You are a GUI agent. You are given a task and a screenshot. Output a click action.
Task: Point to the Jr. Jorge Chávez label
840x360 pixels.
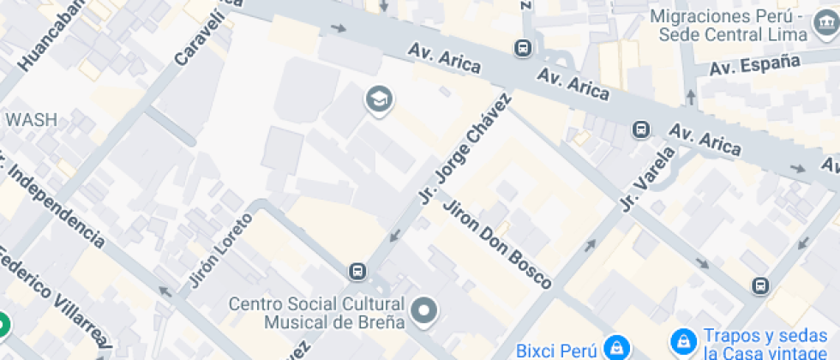464,147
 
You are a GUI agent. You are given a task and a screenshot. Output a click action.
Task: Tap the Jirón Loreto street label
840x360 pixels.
220,250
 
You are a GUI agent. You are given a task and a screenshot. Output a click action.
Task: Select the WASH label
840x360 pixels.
32,120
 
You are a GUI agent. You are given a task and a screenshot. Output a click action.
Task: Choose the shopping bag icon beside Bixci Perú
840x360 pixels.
615,348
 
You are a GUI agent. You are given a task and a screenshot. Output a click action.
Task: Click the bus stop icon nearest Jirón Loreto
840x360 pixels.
357,272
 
